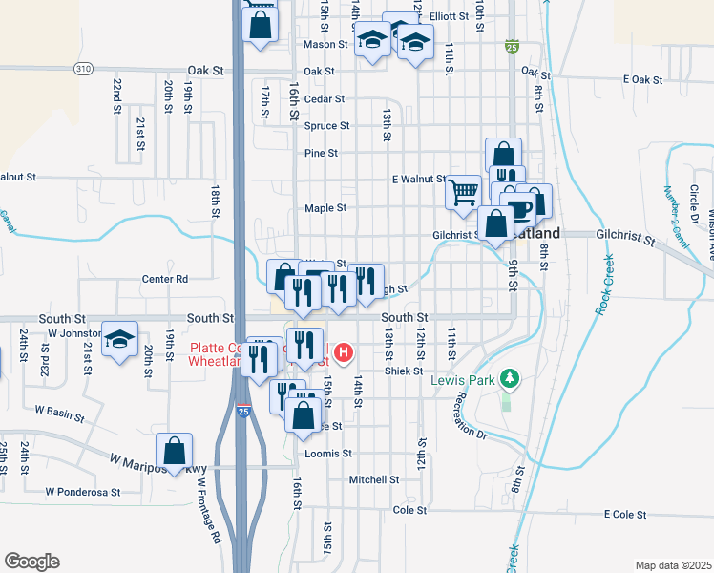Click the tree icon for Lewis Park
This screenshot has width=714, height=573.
point(511,379)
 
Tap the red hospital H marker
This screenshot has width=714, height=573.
point(344,354)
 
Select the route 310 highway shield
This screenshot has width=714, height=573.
point(84,69)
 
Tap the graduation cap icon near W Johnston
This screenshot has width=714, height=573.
point(120,340)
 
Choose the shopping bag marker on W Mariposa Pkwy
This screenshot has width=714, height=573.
point(175,451)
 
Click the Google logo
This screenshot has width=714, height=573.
point(31,562)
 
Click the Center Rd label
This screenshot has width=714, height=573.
point(165,279)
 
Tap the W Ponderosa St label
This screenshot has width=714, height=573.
point(83,492)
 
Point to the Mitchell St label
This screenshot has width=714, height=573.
point(373,479)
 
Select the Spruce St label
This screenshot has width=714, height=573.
point(326,125)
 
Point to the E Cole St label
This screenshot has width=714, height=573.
point(626,515)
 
